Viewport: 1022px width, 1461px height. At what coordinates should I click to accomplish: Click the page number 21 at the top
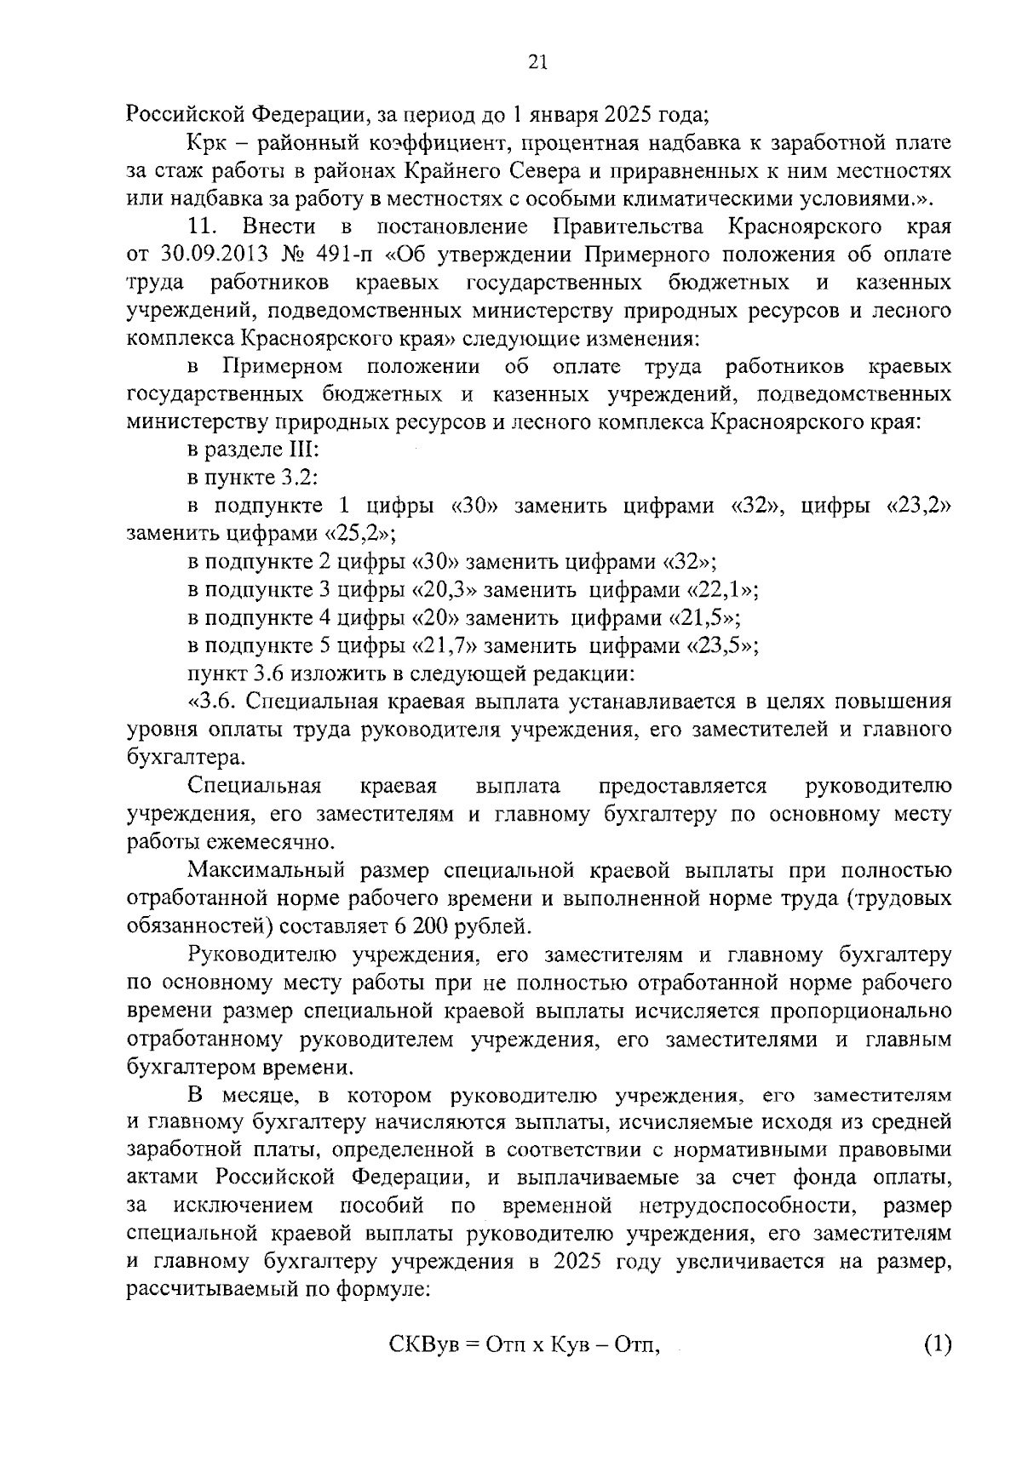537,61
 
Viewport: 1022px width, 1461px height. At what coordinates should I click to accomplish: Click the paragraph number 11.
203,227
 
